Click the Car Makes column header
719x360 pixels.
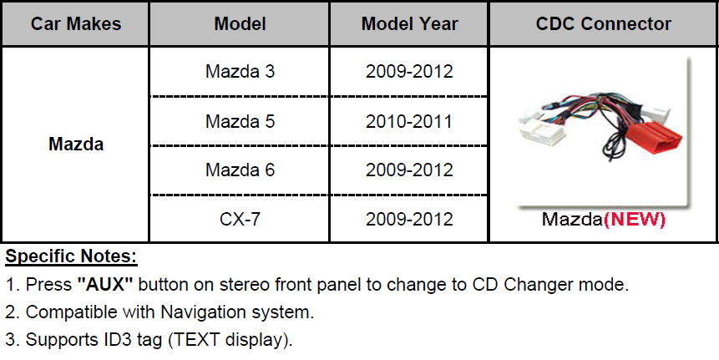[x=76, y=24]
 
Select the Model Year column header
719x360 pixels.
[x=409, y=24]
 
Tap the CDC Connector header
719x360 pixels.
[x=604, y=24]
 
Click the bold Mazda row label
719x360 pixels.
[x=76, y=144]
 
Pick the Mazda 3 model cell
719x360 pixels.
[x=240, y=72]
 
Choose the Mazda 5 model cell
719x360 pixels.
[x=240, y=121]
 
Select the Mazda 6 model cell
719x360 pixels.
[x=240, y=170]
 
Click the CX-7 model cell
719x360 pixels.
[x=240, y=219]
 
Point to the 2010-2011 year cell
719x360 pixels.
[x=409, y=121]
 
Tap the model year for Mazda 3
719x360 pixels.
[x=409, y=72]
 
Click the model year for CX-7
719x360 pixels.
[x=409, y=219]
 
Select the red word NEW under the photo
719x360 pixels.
[x=635, y=220]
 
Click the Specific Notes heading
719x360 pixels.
[x=71, y=256]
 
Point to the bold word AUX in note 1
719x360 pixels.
[x=105, y=284]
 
